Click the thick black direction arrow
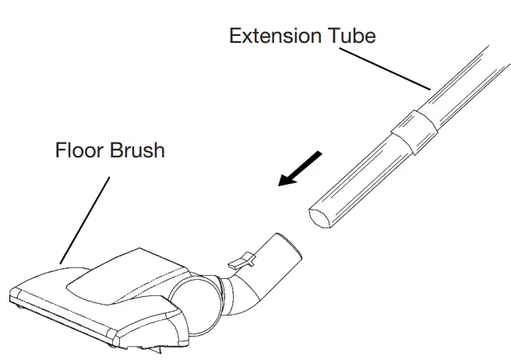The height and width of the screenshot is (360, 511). pyautogui.click(x=300, y=169)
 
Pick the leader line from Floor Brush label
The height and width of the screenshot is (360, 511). pyautogui.click(x=83, y=218)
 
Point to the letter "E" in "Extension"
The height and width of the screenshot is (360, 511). pyautogui.click(x=234, y=35)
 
